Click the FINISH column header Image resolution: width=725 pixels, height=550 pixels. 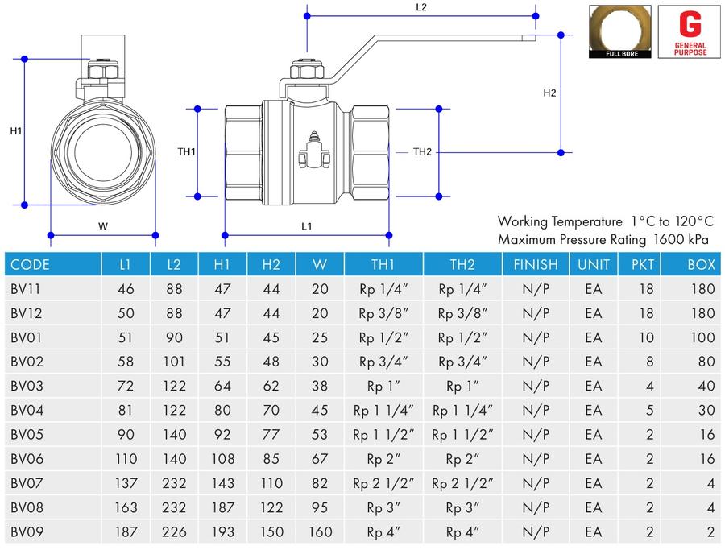[x=536, y=264]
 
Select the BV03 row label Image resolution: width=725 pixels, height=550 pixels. [x=27, y=386]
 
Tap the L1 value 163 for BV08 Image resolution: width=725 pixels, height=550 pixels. [x=126, y=507]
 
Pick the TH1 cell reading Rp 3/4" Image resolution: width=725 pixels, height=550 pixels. [x=383, y=362]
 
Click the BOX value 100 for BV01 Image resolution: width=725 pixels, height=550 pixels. [x=702, y=337]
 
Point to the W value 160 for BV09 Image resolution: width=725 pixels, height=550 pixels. [x=320, y=532]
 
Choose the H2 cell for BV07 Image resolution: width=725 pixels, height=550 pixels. [x=271, y=483]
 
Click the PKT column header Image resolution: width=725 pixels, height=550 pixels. [x=643, y=264]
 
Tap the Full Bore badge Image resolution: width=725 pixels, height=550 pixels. [x=620, y=32]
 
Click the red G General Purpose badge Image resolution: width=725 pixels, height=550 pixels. [x=690, y=32]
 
